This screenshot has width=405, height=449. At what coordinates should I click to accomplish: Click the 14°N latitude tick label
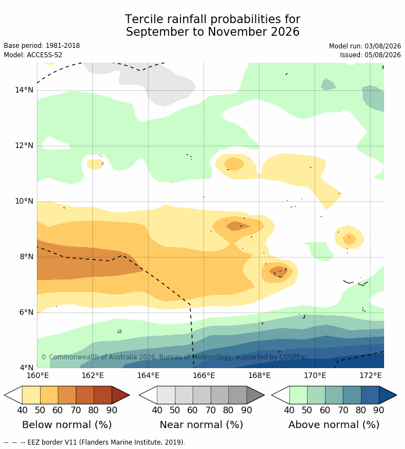click(x=24, y=90)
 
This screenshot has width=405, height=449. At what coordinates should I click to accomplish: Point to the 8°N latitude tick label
click(x=26, y=256)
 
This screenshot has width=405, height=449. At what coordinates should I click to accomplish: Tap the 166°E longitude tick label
click(x=204, y=375)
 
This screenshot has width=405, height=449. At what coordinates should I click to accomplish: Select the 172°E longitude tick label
click(x=370, y=375)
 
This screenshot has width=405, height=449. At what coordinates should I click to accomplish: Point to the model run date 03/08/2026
click(x=382, y=46)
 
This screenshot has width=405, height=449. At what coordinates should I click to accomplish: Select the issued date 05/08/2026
click(x=382, y=54)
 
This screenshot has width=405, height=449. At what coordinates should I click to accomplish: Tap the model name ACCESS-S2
click(x=45, y=54)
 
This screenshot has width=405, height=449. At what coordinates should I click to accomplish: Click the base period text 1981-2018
click(x=62, y=46)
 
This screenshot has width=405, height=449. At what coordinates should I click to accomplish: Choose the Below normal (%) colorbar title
click(x=67, y=424)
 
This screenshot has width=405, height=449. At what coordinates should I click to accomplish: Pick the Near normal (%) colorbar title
click(x=201, y=424)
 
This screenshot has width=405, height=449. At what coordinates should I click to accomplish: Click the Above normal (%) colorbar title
click(x=333, y=424)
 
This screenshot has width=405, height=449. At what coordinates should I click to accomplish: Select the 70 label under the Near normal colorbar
click(x=211, y=410)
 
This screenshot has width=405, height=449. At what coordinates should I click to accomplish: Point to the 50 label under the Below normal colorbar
click(x=40, y=410)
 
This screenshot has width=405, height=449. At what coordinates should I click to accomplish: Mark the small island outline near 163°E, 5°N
click(x=119, y=331)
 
